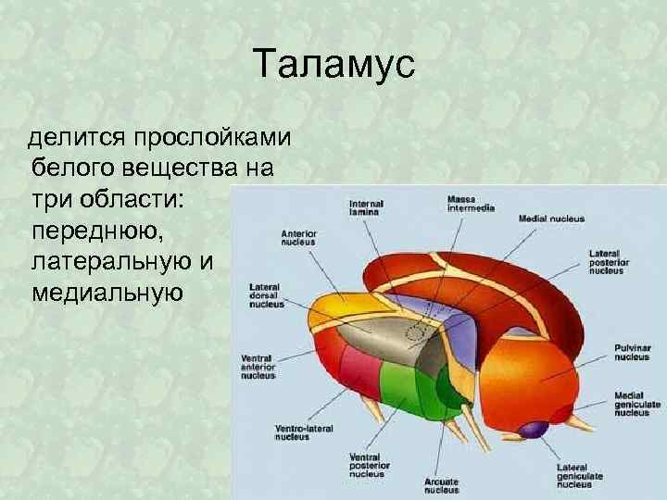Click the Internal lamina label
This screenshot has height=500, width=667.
365,208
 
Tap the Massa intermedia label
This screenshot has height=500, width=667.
470,203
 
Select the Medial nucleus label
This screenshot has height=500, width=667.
551,219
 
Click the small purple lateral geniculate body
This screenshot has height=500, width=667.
533,430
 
